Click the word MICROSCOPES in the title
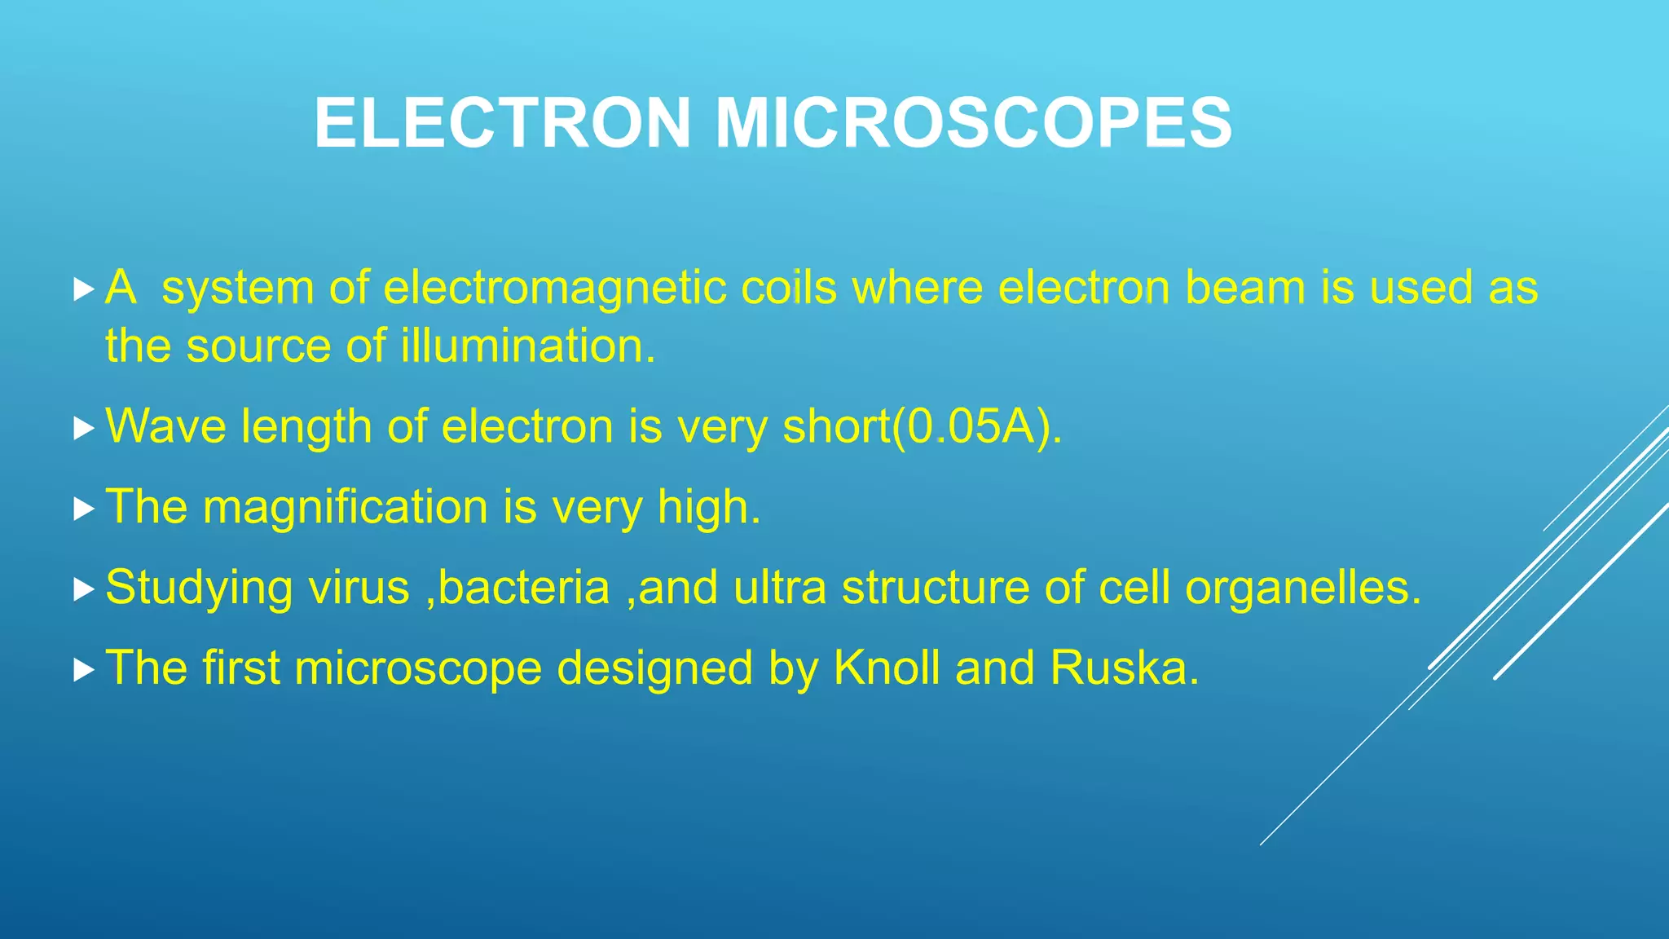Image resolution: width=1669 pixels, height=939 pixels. (973, 123)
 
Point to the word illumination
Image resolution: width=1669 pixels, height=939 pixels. (527, 346)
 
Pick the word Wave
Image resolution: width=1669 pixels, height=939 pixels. (165, 426)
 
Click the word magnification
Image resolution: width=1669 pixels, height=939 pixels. (345, 507)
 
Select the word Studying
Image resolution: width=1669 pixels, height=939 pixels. (199, 588)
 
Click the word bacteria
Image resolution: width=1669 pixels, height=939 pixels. (523, 588)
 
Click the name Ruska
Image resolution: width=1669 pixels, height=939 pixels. (1124, 668)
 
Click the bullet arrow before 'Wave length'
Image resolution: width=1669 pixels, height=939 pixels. (83, 428)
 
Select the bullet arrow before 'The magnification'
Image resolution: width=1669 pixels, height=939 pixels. (83, 509)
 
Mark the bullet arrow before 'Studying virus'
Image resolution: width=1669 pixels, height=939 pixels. (83, 589)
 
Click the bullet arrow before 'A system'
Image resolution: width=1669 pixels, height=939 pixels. (83, 289)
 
